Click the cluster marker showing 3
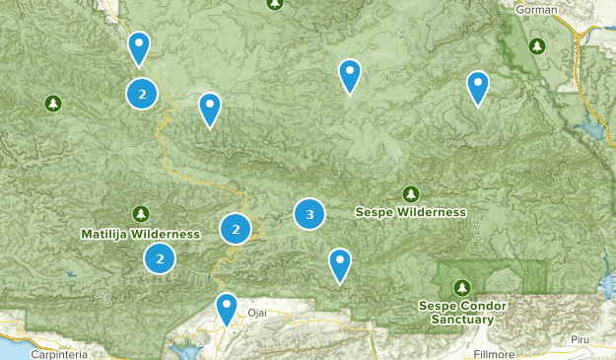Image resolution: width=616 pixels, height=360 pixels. [309, 213]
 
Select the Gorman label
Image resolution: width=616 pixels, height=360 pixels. [535, 9]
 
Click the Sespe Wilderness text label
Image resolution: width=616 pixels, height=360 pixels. [410, 212]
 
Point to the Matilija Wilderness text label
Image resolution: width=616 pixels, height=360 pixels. [141, 234]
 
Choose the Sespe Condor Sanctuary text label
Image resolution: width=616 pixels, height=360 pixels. [461, 312]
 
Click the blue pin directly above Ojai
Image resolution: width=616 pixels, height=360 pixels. [227, 307]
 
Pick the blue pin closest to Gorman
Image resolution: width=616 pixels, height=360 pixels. [478, 86]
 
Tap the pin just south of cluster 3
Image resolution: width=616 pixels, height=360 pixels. [339, 263]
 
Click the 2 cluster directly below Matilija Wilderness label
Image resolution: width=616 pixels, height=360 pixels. [160, 259]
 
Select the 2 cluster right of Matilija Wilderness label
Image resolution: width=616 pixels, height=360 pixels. [236, 230]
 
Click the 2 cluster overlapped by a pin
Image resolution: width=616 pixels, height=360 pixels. [143, 94]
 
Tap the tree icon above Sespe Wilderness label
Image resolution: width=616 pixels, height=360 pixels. [410, 193]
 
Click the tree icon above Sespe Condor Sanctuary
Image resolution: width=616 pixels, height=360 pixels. [461, 287]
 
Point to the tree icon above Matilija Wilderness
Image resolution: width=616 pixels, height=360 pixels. [141, 213]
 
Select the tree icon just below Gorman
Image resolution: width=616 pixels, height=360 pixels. [536, 45]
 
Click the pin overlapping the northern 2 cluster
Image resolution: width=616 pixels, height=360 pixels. [140, 46]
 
